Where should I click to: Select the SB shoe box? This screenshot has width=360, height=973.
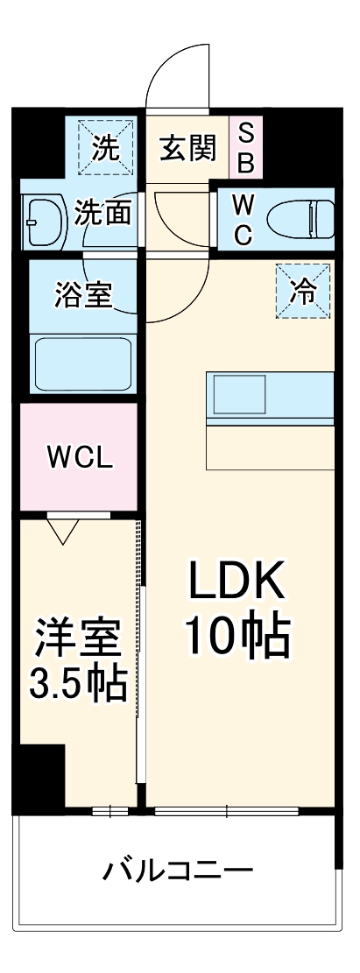246,147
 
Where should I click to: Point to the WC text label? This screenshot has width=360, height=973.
244,219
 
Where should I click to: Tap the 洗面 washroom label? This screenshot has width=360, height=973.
103,214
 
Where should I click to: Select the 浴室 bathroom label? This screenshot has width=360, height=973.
83,294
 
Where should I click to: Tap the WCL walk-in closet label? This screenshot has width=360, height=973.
80,456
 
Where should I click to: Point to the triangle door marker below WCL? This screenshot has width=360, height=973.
63,530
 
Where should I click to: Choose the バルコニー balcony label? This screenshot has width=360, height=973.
179,871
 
